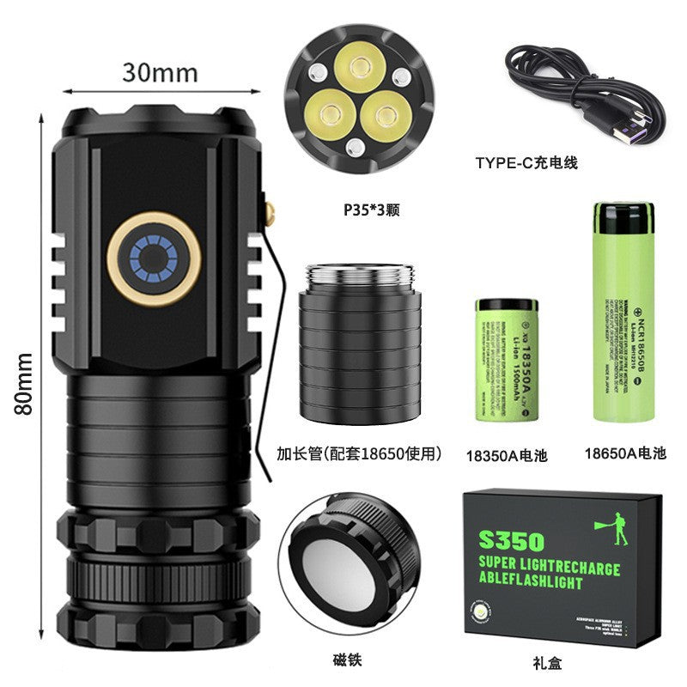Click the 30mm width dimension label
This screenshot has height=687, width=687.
(160, 72)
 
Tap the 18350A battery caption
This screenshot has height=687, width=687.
(505, 454)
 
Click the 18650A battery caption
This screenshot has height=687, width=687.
(624, 454)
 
